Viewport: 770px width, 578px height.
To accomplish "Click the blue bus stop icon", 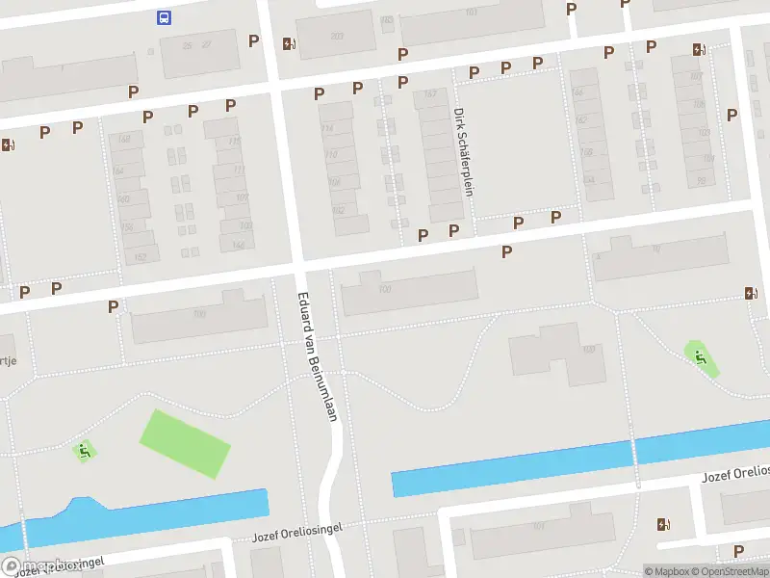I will coord(164,16).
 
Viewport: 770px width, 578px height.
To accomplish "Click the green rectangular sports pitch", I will coord(185,443).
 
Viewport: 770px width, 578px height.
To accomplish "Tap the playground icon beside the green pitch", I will coord(86,450).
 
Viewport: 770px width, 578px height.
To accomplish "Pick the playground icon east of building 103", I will coord(701,357).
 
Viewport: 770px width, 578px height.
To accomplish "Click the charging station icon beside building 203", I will coord(288,43).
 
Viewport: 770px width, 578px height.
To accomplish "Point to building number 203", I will coord(336,37).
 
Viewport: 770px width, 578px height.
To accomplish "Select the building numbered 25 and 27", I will coord(197,45).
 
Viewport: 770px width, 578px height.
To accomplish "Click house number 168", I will coord(122,140).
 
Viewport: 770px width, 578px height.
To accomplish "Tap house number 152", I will coord(141,256).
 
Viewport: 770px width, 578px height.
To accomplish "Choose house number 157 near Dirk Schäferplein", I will coord(430,93).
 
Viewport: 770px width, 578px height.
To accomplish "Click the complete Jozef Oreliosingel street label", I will coord(297,533).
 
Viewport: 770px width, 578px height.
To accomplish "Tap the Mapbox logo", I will coord(38,567).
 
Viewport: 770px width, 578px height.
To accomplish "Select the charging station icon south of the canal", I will coord(662,525).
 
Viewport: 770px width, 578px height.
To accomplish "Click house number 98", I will coord(701,180).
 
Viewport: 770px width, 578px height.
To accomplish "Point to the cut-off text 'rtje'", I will coord(9,360).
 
